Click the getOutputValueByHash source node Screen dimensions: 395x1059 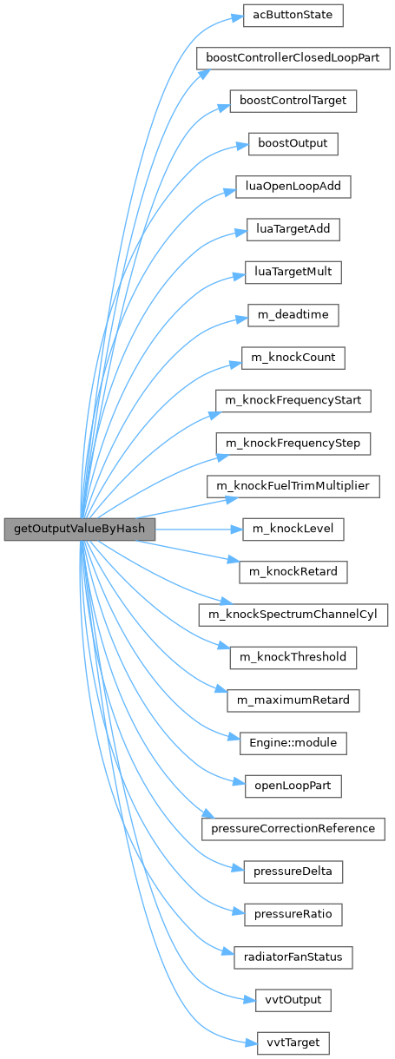click(x=80, y=529)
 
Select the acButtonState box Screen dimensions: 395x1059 click(x=293, y=15)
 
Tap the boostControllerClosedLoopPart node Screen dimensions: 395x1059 click(x=293, y=58)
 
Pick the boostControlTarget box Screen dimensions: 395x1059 click(x=293, y=101)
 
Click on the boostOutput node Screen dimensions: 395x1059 click(x=293, y=144)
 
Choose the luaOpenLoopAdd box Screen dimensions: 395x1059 click(x=293, y=187)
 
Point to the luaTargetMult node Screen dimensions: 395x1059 click(x=293, y=273)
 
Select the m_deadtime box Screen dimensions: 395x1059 click(x=293, y=315)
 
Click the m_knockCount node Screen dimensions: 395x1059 click(x=293, y=358)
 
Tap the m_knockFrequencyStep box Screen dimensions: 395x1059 click(x=293, y=444)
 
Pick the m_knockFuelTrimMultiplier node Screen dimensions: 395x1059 click(x=293, y=486)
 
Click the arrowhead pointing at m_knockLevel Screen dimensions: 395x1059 click(x=237, y=529)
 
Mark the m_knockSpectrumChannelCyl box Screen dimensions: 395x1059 click(x=293, y=615)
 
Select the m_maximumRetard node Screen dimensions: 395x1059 click(x=293, y=701)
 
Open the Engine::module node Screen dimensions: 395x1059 click(x=293, y=743)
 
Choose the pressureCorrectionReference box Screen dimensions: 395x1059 click(x=293, y=829)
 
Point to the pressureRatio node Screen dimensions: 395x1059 click(x=293, y=915)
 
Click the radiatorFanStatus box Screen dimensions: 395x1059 click(x=293, y=957)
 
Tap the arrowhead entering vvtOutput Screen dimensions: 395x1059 click(x=250, y=1000)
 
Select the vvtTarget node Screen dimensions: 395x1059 click(x=293, y=1043)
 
